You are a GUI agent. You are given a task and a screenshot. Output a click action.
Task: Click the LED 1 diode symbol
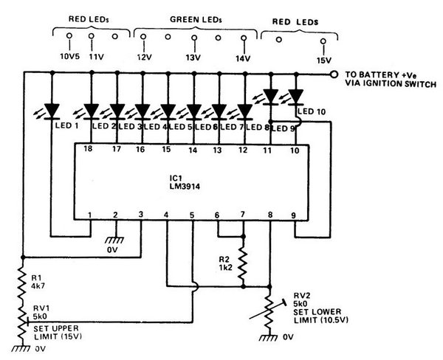pos(52,111)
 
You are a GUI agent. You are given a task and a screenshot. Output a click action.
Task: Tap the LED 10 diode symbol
pos(296,97)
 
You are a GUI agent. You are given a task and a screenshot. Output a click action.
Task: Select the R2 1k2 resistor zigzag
pos(243,263)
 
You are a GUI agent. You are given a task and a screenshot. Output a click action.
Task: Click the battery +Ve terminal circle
pos(334,75)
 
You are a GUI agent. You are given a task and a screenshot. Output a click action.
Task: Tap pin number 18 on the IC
pos(88,148)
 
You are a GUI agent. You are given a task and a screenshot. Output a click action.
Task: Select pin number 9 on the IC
pos(294,215)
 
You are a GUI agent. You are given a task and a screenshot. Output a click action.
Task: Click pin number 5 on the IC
pos(192,215)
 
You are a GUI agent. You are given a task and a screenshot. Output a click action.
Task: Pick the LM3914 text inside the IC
pos(185,187)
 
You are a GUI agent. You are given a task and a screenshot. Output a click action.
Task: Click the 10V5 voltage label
pos(70,57)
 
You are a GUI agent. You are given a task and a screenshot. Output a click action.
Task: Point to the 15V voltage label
pos(324,60)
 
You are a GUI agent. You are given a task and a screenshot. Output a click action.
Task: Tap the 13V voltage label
pos(193,58)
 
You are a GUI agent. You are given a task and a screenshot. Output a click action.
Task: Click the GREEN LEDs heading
pos(196,19)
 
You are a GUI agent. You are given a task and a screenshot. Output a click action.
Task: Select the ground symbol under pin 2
pos(114,240)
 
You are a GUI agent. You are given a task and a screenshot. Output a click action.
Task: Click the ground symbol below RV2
pos(269,338)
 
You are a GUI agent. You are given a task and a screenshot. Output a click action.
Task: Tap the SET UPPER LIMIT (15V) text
pos(56,333)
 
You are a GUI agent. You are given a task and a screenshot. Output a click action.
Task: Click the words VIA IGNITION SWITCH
pos(391,84)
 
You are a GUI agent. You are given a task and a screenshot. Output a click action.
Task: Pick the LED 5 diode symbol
pos(194,111)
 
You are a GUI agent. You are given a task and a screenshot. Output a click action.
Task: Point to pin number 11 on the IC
pos(267,150)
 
